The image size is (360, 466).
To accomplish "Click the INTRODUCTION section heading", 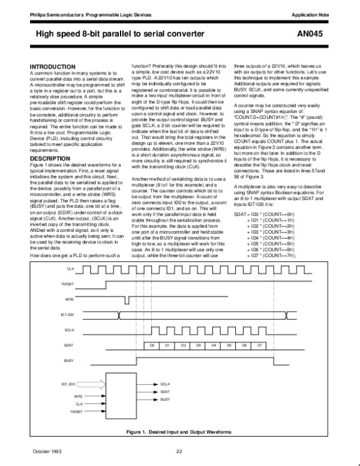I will [x=58, y=65].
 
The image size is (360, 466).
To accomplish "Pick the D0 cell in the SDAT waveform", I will [x=152, y=345].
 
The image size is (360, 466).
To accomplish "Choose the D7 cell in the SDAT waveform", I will [x=259, y=345].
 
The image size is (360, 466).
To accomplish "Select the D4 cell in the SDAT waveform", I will [x=212, y=345].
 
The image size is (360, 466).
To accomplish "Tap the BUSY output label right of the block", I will [x=165, y=399].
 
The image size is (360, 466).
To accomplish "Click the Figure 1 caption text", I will [x=179, y=431].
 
